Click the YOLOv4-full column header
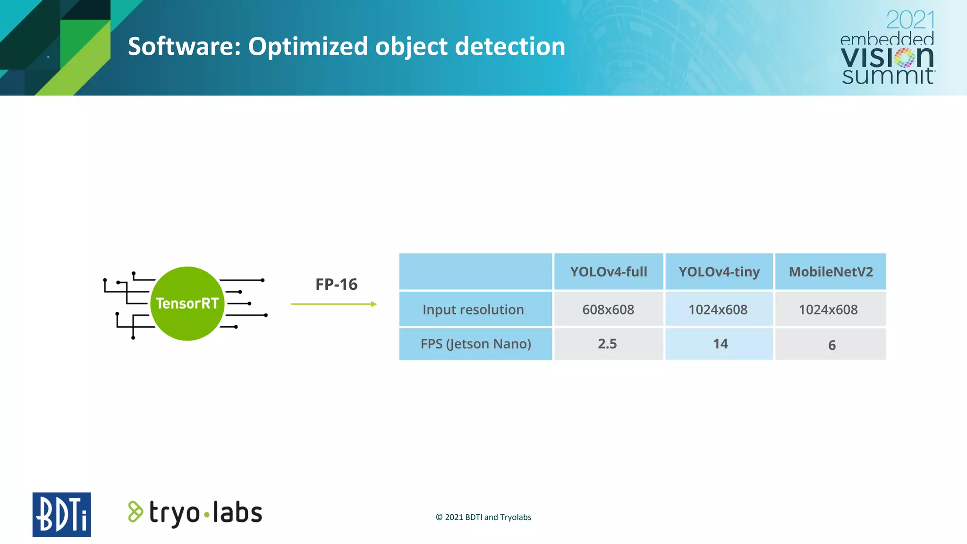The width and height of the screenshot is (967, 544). click(609, 272)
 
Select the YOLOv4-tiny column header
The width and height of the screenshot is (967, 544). click(719, 272)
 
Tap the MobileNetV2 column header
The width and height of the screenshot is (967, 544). click(831, 272)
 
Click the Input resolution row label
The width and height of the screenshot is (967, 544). click(473, 310)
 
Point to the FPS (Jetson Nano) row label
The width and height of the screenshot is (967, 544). click(475, 344)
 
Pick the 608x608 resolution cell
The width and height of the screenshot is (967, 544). click(608, 310)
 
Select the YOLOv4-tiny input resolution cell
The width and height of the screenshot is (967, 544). click(718, 310)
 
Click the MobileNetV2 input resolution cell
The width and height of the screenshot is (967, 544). click(828, 310)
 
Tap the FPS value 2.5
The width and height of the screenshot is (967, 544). click(607, 344)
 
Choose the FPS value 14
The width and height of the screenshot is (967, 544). click(720, 344)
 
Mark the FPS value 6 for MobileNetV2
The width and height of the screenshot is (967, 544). click(831, 345)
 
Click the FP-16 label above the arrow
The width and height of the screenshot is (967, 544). click(336, 284)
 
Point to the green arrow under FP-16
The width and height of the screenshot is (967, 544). click(334, 304)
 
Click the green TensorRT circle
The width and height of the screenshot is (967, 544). click(187, 303)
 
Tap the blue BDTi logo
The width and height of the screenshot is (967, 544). click(61, 514)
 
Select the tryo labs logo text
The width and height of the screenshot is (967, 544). click(205, 513)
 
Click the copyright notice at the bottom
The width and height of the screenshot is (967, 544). click(483, 517)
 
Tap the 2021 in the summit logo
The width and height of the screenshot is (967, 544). click(910, 20)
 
